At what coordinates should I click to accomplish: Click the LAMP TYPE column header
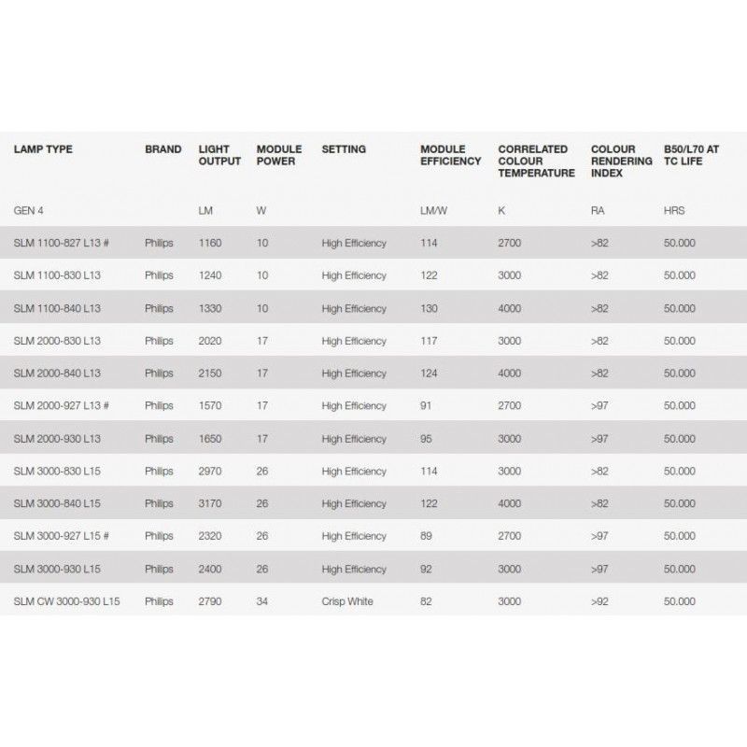43,149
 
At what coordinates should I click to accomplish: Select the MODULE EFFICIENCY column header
450,155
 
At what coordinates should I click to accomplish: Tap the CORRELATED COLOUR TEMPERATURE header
536,161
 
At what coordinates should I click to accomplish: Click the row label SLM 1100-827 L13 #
62,243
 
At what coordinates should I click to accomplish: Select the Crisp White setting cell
347,601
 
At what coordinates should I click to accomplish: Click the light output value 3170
210,504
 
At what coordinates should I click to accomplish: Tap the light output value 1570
210,406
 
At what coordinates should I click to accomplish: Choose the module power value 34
262,601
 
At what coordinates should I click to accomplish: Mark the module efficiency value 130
429,308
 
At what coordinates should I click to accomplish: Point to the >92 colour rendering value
599,601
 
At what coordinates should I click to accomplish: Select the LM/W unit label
434,210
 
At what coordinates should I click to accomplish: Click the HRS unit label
673,210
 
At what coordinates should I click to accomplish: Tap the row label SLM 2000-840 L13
57,373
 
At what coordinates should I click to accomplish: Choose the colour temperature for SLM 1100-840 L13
510,308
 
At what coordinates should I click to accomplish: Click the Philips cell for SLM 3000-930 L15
159,569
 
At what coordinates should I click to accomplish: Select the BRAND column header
163,149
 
